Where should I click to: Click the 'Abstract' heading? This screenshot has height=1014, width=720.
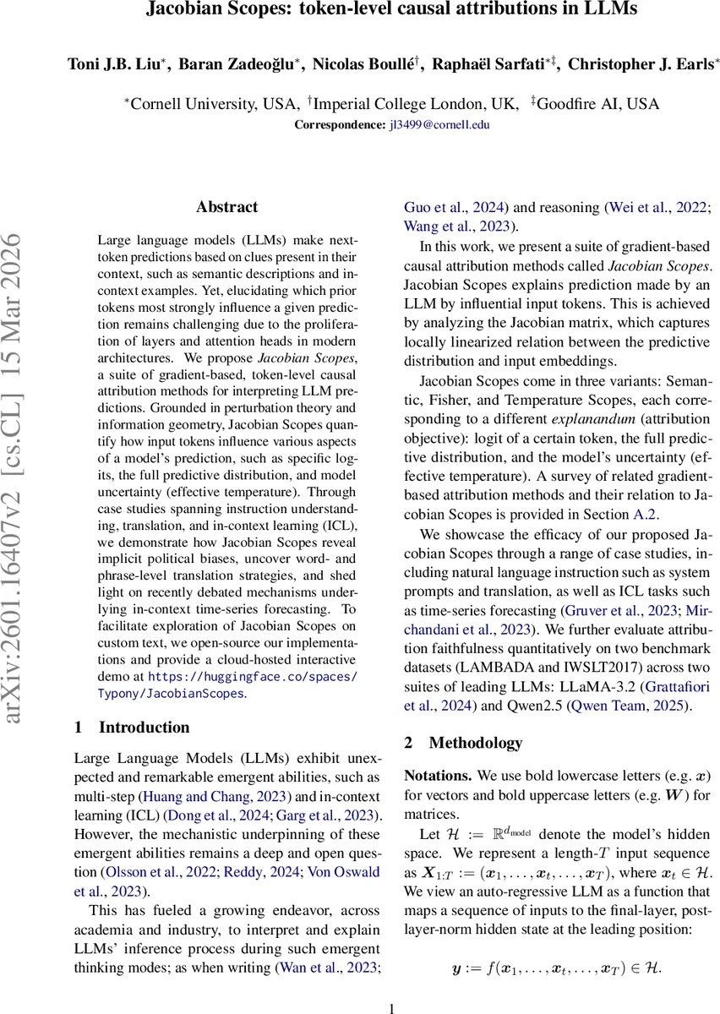click(x=226, y=207)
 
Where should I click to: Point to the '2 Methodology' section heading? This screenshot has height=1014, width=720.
click(x=463, y=744)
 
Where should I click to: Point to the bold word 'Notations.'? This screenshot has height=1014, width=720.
click(x=438, y=776)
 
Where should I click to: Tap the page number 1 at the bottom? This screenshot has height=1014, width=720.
click(x=391, y=1008)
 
